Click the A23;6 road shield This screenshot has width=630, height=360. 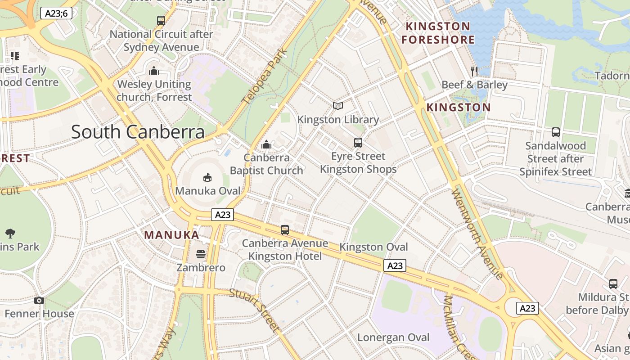(56, 13)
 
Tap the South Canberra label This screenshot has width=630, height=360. (138, 132)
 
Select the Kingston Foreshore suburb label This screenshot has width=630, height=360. (438, 33)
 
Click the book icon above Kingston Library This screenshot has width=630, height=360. (338, 106)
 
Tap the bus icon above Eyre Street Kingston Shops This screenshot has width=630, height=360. (358, 143)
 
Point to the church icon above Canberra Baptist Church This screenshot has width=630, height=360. (266, 144)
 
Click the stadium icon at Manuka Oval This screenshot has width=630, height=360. (207, 177)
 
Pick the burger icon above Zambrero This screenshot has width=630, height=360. (201, 254)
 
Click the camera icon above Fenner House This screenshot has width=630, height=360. (39, 300)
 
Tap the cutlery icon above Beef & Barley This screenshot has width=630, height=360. (474, 71)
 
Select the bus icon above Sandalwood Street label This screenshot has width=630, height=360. (556, 132)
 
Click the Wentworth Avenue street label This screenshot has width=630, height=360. (477, 234)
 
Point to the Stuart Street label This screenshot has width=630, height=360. (255, 310)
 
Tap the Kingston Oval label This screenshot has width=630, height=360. (373, 247)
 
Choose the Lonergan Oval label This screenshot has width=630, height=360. (393, 337)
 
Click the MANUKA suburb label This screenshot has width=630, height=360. (171, 235)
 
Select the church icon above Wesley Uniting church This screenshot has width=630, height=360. (154, 71)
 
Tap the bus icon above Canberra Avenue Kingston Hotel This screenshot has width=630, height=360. (285, 230)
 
